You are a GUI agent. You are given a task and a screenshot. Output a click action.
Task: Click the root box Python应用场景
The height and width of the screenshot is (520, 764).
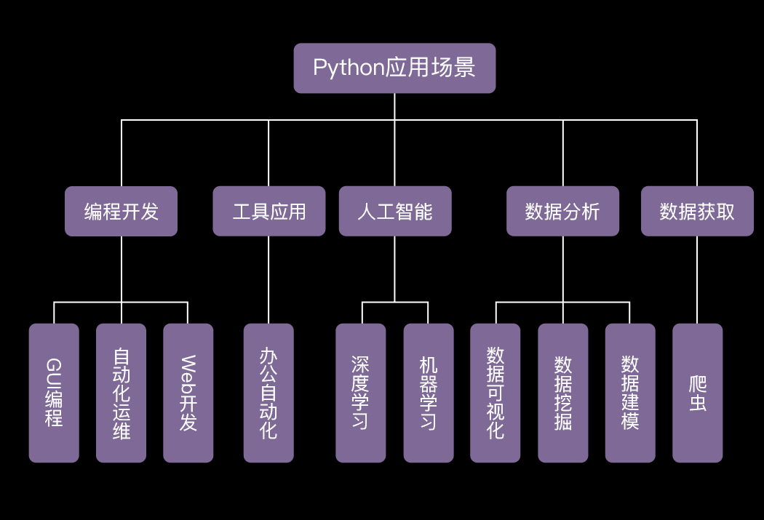click(394, 68)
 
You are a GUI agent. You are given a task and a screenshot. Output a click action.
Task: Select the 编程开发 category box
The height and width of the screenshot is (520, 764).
click(121, 212)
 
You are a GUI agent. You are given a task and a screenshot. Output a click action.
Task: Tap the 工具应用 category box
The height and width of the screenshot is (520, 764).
click(269, 212)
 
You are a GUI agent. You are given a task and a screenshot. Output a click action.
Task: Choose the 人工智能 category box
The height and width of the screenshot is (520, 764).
click(395, 212)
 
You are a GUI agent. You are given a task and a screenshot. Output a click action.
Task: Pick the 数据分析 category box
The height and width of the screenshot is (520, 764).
click(562, 212)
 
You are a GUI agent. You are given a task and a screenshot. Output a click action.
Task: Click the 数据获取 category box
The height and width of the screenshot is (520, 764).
click(697, 212)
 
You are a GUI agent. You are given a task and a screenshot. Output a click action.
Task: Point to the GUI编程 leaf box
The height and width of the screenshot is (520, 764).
click(54, 393)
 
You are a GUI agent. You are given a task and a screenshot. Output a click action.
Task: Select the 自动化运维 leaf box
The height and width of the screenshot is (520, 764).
click(121, 393)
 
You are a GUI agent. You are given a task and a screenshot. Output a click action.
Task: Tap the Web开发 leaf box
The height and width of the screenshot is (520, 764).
click(188, 393)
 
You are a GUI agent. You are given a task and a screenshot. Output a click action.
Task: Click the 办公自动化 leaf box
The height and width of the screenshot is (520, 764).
click(268, 393)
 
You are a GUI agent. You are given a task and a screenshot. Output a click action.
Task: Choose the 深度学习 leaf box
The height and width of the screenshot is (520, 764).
click(361, 393)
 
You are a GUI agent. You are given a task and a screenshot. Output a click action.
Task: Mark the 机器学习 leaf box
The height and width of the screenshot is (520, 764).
click(429, 393)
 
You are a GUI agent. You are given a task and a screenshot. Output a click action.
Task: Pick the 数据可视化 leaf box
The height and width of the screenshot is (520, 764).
click(495, 393)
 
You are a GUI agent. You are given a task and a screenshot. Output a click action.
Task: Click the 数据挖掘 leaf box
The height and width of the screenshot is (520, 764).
click(562, 393)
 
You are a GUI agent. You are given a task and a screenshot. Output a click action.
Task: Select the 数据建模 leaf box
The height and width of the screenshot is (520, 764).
click(630, 393)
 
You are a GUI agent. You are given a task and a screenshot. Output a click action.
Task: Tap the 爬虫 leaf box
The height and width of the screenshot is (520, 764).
click(697, 393)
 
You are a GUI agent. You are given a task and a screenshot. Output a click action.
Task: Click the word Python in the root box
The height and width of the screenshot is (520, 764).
click(349, 68)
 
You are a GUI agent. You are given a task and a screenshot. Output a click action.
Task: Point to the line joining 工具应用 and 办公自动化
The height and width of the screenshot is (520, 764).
click(268, 280)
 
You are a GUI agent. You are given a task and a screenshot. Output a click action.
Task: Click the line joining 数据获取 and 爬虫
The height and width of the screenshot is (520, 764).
click(697, 280)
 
